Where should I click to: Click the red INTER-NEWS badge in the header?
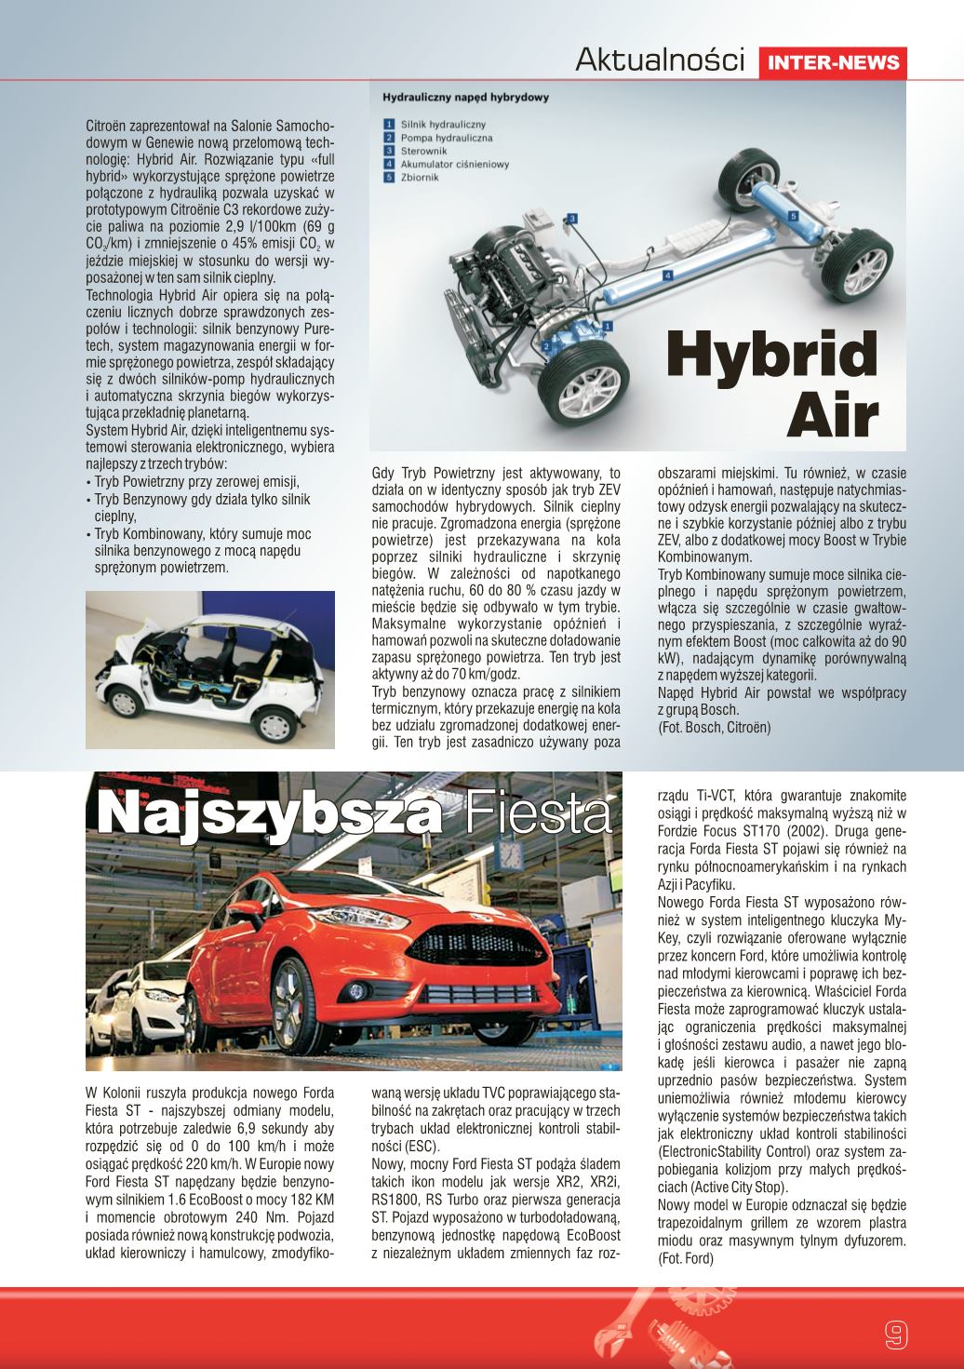tap(834, 62)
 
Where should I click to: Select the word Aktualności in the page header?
tap(661, 60)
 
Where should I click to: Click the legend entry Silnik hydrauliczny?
tap(443, 123)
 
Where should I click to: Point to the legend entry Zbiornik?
tap(419, 177)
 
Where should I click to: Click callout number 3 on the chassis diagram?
tap(573, 218)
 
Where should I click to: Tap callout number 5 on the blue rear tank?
tap(793, 216)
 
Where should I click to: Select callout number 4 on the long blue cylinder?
tap(667, 276)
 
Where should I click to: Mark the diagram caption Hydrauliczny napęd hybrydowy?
tap(465, 96)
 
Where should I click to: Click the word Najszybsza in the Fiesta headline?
tap(269, 812)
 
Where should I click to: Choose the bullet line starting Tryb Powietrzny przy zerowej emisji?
tap(195, 482)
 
